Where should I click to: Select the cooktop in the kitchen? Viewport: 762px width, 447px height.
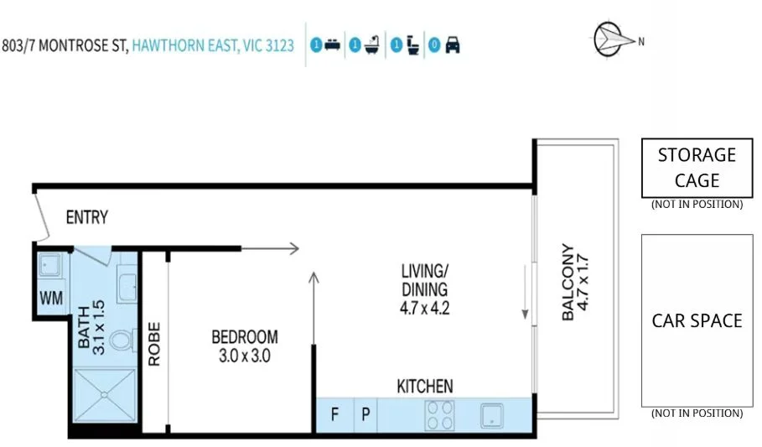[441, 414]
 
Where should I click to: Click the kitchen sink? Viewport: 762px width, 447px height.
[490, 415]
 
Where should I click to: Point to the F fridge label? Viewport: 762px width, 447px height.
[334, 415]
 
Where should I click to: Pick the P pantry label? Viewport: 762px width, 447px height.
[366, 415]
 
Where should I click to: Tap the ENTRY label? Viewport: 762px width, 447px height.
[87, 218]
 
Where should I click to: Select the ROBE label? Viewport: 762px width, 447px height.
[154, 344]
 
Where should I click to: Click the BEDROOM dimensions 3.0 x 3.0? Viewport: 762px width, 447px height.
[244, 355]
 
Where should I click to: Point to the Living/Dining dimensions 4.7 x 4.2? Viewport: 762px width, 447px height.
[425, 307]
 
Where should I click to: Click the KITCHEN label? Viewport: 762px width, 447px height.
[425, 387]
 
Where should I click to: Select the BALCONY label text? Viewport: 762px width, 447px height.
[569, 283]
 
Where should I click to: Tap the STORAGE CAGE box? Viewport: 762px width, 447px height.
[697, 168]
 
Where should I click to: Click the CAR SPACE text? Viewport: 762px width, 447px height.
[697, 321]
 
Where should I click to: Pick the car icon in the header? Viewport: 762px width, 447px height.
[453, 45]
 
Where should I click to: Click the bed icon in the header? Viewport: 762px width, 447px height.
[333, 45]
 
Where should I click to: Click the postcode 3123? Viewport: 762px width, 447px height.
[279, 45]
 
